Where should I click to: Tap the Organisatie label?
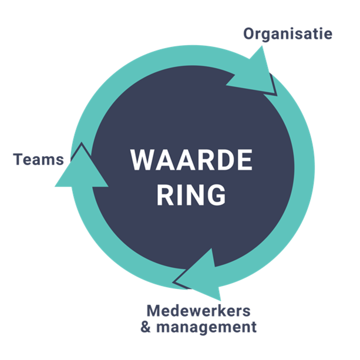click(288, 33)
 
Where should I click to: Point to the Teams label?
click(38, 159)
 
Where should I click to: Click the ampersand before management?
click(146, 327)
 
